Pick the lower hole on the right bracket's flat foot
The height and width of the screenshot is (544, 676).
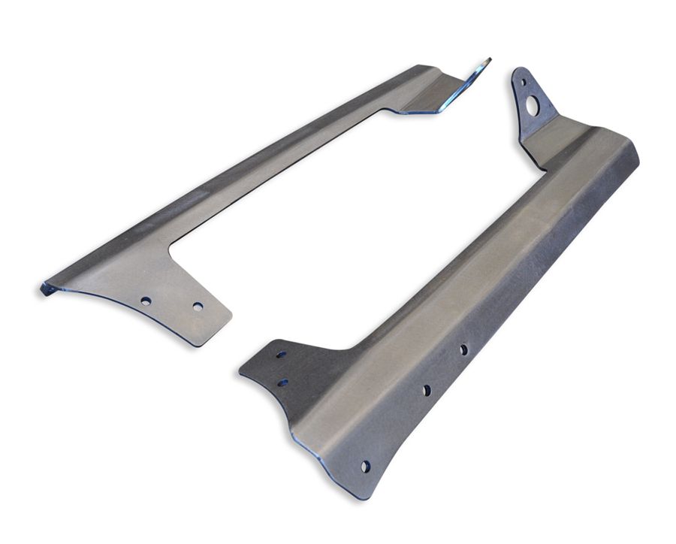(x=282, y=382)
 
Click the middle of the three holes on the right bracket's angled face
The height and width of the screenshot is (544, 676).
(x=426, y=390)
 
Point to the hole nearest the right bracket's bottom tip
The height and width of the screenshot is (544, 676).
(x=365, y=467)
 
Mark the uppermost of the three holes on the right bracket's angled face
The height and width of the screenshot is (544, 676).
(x=463, y=349)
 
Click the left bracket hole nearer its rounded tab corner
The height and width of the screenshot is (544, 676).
(x=198, y=307)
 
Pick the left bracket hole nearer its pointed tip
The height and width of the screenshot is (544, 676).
(x=145, y=301)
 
